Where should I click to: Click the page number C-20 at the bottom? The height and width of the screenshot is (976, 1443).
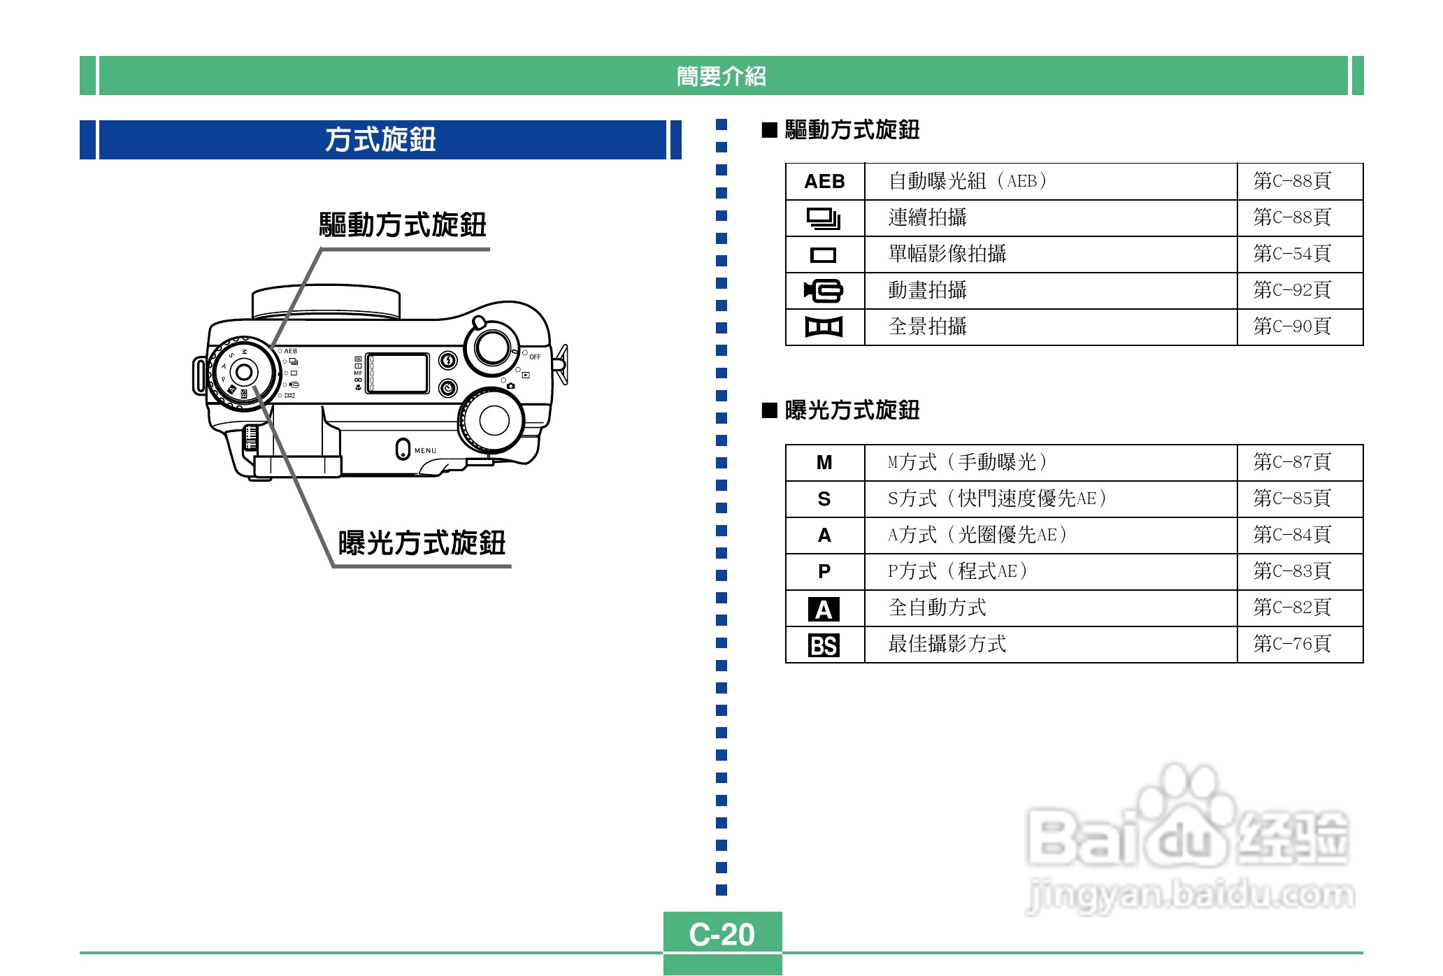coord(721,934)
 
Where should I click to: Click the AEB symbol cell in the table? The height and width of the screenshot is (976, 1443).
coord(824,182)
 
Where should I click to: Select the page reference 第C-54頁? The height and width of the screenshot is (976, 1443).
coord(1291,254)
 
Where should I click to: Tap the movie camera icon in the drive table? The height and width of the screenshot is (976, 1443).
coord(824,290)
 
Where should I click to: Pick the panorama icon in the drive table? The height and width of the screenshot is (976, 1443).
coord(824,326)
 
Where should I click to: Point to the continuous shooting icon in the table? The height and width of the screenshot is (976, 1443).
coord(824,218)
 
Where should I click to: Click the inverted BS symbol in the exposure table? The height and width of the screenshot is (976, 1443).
coord(824,645)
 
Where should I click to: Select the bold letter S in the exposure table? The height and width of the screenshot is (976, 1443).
coord(824,499)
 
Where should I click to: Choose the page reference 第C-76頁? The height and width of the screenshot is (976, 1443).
coord(1291,644)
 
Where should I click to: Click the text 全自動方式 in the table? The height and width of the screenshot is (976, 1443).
coord(937,608)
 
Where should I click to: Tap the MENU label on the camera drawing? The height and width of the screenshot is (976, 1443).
coord(425,451)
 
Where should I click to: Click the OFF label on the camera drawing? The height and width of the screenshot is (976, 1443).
coord(535,357)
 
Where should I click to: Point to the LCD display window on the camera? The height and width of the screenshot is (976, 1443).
coord(397,373)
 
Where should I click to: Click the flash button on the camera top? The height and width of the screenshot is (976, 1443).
coord(447,361)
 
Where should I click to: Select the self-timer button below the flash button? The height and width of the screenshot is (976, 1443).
coord(447,387)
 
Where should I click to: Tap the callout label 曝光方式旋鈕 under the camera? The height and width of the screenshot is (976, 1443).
coord(422,543)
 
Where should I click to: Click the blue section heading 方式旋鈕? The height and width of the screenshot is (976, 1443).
coord(380,140)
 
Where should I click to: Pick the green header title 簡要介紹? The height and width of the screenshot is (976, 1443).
coord(721,76)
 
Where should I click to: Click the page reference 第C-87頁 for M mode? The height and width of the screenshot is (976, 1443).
coord(1291,462)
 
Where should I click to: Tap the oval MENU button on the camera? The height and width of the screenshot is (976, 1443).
coord(402,449)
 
